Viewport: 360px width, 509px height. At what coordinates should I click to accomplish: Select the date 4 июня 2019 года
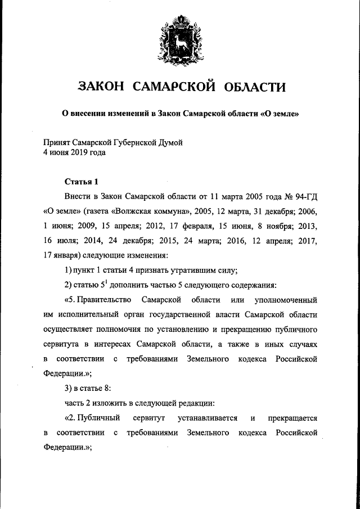(74, 152)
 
